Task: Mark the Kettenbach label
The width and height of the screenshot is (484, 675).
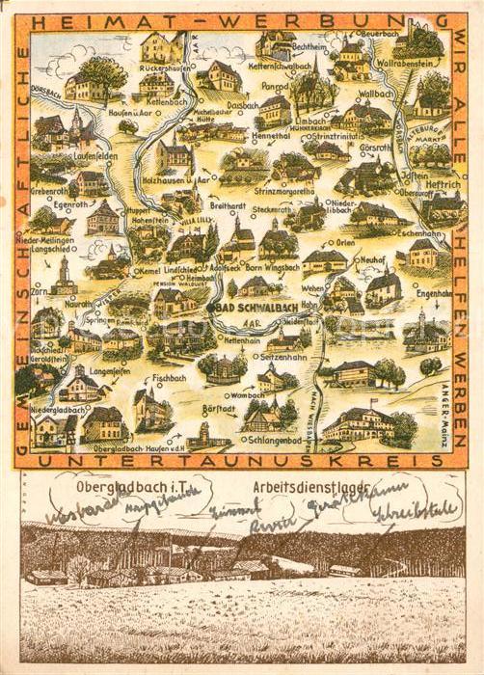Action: (x=154, y=98)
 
